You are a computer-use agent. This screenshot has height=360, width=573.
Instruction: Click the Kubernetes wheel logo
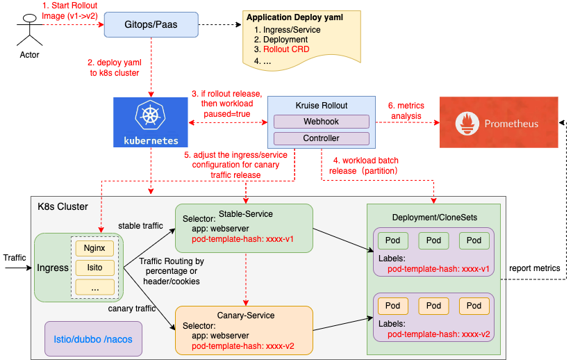coord(150,114)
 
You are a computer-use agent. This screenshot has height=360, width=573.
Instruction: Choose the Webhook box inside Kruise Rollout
coord(321,121)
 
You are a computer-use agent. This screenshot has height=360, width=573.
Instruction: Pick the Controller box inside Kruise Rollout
coord(321,139)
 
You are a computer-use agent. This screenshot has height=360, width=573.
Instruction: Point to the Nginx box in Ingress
coord(94,247)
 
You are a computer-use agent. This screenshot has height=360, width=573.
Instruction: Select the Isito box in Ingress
coord(94,266)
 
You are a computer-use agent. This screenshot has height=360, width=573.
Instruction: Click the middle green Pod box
coord(433,240)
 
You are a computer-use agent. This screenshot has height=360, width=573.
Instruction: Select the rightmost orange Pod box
coord(474,305)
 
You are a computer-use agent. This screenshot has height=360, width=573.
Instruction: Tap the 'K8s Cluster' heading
coord(63,206)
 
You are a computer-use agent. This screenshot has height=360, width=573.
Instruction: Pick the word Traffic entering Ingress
coord(15,258)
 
